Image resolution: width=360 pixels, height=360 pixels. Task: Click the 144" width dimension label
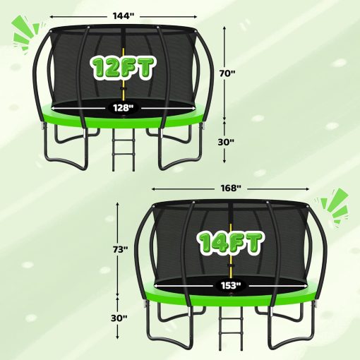coord(124,16)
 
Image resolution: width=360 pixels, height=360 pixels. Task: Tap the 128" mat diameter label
coord(123,108)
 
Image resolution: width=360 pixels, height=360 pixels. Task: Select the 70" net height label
coord(227,73)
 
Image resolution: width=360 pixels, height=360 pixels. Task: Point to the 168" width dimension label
coord(231,188)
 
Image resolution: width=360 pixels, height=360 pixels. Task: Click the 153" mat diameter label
coord(231,285)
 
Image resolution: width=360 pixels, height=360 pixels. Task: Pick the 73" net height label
coord(120,249)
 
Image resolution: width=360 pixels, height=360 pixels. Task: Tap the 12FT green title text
coord(123,68)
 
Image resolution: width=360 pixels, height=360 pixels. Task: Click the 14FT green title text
coord(231,244)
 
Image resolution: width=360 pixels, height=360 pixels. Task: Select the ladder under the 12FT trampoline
coord(124,150)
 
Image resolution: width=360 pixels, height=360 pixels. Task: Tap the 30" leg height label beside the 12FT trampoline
coord(226,142)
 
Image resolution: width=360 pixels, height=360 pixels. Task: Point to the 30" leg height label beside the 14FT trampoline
coord(119,318)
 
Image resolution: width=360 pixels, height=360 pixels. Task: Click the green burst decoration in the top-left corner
coord(26,32)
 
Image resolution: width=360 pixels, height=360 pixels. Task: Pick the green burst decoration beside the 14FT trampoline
coord(334,205)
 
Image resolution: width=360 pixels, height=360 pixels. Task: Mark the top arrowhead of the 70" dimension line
coord(224,28)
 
